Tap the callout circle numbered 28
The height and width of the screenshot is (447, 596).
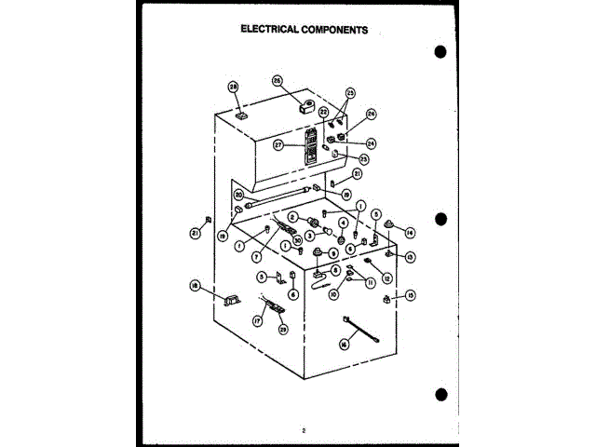click(x=233, y=88)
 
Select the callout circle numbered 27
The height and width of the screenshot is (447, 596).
click(x=278, y=145)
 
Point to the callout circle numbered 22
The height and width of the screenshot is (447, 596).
click(x=324, y=112)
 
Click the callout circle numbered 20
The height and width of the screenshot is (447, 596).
click(x=238, y=196)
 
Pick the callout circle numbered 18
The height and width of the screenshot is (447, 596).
click(x=196, y=285)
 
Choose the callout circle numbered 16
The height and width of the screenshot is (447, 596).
click(x=344, y=345)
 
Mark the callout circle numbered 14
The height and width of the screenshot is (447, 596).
click(x=409, y=232)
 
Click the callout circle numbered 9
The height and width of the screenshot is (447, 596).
click(x=332, y=253)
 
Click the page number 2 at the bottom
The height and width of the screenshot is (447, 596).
click(x=304, y=430)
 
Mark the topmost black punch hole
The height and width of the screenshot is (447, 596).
click(x=440, y=52)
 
